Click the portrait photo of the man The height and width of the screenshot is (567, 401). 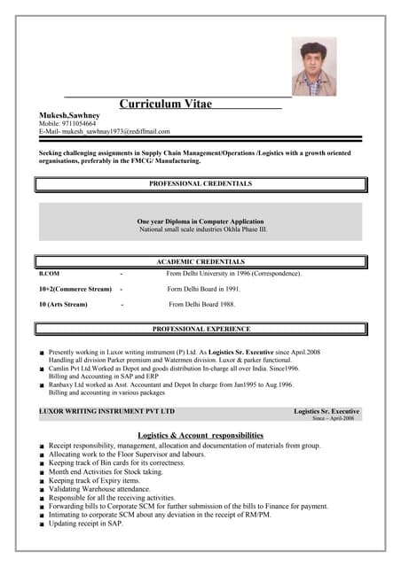click(314, 66)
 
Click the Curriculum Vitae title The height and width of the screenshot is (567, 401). click(166, 105)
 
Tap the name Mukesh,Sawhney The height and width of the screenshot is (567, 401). click(69, 115)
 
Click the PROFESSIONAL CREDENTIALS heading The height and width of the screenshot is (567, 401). click(200, 184)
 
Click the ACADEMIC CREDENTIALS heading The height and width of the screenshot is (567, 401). click(200, 262)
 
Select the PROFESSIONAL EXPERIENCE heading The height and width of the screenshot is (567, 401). click(200, 330)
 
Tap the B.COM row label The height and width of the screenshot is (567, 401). click(49, 274)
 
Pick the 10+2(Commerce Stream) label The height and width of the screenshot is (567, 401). click(75, 289)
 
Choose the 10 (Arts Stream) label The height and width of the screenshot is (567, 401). click(63, 305)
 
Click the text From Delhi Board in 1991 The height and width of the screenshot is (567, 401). click(203, 289)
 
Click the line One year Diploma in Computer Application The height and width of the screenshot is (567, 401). click(200, 221)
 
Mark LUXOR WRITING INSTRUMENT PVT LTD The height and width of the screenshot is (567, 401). click(106, 412)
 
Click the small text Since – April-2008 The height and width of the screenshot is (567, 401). click(333, 419)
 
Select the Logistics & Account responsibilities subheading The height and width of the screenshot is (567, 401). click(200, 435)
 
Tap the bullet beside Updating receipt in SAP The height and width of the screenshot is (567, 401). click(41, 524)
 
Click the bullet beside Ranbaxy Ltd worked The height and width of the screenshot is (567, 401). click(41, 385)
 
